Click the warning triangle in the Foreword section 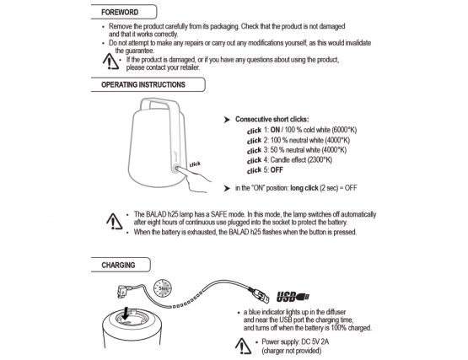point(110,62)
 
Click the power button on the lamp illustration point(176,169)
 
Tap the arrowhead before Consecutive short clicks point(227,120)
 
